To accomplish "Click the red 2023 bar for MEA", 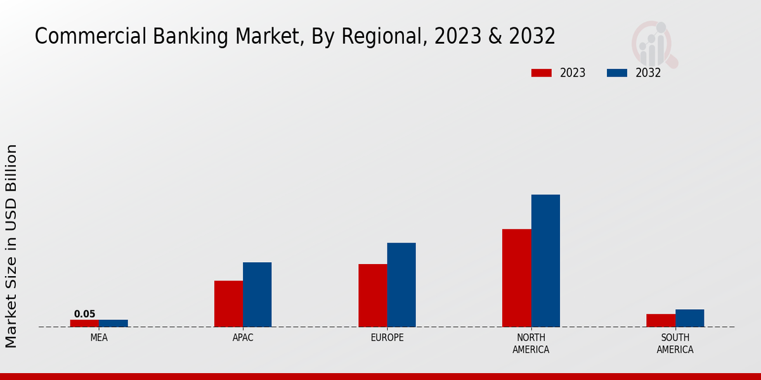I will click(84, 323).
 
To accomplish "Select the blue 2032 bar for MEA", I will click(113, 323).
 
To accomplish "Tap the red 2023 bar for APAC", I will click(228, 303).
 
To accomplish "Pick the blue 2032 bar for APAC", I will click(257, 294).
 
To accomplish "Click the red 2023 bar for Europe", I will click(372, 295).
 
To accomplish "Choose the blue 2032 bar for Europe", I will click(401, 284).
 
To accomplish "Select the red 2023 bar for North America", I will click(516, 277).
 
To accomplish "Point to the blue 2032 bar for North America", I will click(545, 260).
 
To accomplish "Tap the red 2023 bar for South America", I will click(660, 320).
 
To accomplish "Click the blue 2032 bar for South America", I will click(689, 318).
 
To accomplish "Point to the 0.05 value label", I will click(84, 314).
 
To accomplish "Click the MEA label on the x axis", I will click(99, 338).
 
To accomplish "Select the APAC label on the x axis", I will click(243, 338).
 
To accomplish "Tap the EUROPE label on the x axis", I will click(387, 338).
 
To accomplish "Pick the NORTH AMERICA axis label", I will click(531, 343).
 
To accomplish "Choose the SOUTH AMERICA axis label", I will click(675, 343).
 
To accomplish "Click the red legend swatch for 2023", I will click(541, 73).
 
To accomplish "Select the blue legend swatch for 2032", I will click(616, 73).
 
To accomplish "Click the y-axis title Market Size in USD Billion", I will click(11, 246).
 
